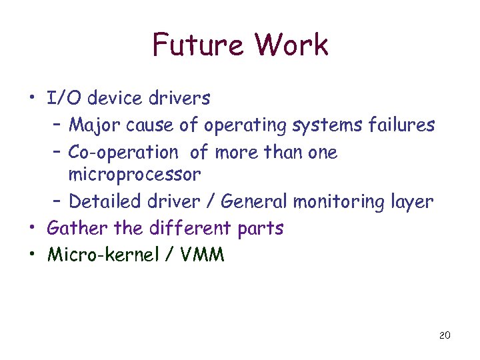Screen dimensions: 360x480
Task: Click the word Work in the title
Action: coord(292,45)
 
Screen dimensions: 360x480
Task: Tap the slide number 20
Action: coord(445,335)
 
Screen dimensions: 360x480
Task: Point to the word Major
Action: coord(90,125)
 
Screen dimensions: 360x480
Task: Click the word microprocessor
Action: coord(134,175)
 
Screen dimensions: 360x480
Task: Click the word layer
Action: coord(413,202)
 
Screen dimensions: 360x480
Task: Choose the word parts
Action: coord(261,229)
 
